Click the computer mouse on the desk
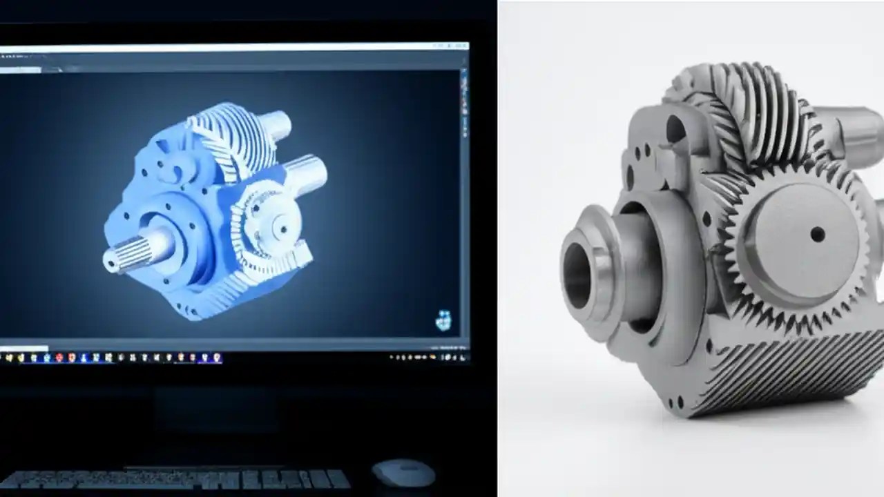tap(403, 474)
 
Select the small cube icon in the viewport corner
tap(443, 320)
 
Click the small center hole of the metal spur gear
tap(817, 235)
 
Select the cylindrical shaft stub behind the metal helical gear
tap(853, 131)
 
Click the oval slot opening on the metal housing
tap(676, 131)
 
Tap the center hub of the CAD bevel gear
tap(280, 225)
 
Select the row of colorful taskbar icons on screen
tap(110, 358)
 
